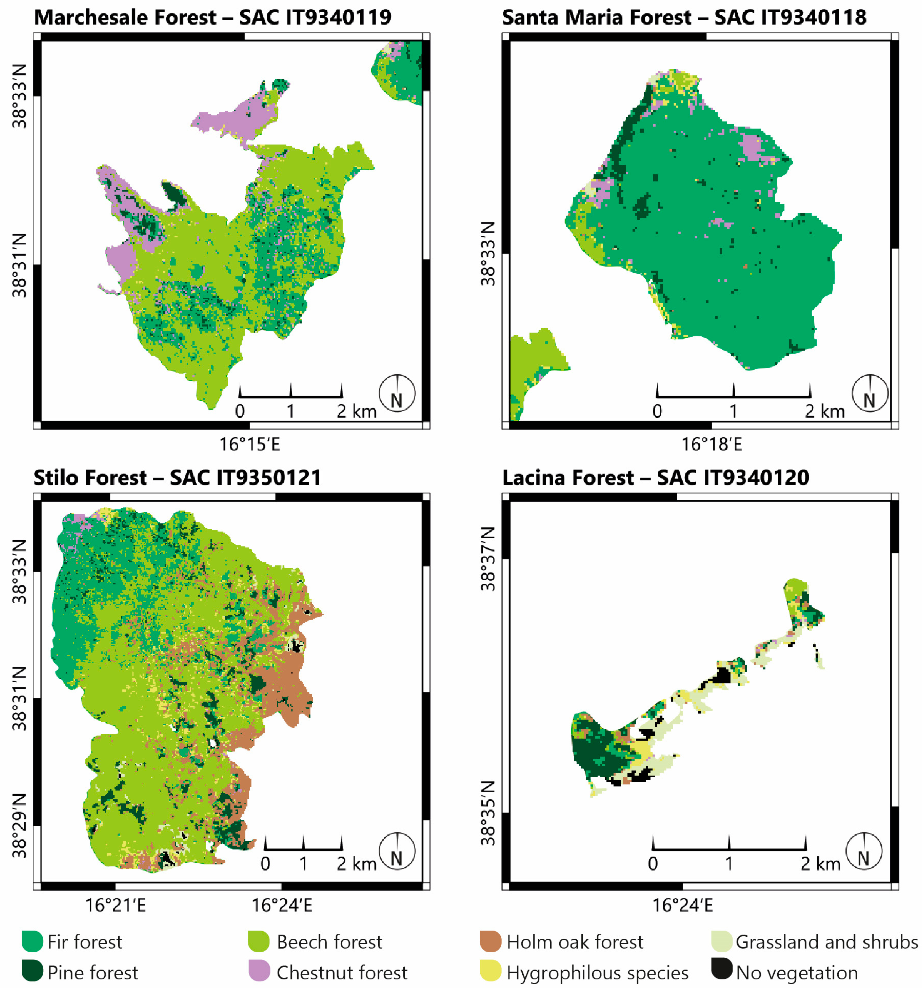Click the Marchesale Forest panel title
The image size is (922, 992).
pos(212,17)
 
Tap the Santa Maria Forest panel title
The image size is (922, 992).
pos(684,17)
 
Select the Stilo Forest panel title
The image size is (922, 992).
pos(177,478)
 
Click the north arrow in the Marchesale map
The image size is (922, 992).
pos(397,394)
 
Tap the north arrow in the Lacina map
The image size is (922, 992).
pos(864,851)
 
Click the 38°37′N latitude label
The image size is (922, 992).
pos(488,559)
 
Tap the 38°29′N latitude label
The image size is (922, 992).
pos(20,826)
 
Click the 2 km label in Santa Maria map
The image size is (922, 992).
pos(825,412)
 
